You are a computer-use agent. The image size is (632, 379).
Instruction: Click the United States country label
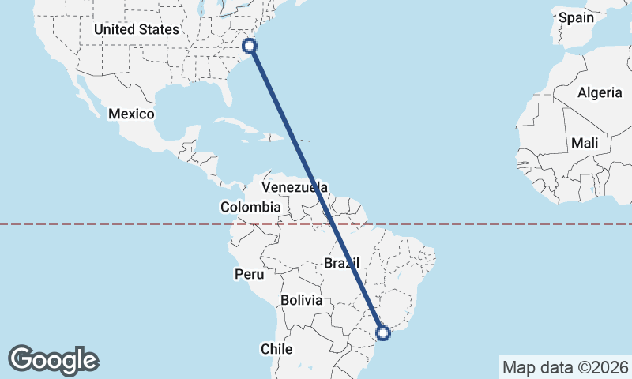[137, 29]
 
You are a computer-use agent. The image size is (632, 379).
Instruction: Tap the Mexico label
[131, 114]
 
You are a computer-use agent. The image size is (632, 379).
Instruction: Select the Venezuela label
[294, 188]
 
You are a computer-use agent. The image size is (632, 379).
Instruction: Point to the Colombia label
[250, 207]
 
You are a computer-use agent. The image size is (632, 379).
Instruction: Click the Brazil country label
[342, 262]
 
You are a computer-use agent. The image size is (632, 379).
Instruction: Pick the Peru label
[248, 274]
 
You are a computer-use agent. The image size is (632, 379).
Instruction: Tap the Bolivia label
[302, 300]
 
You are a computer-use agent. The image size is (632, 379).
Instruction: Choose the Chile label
[276, 348]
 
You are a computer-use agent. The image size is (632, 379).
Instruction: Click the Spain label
[575, 17]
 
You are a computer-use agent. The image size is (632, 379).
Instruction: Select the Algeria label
[600, 92]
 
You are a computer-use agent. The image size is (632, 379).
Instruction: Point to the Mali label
[585, 144]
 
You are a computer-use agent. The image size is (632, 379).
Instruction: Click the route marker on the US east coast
[250, 46]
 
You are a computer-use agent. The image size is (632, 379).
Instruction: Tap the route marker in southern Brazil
[383, 333]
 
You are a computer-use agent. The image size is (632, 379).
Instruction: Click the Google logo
[53, 360]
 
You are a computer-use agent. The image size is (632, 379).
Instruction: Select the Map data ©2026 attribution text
[566, 368]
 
